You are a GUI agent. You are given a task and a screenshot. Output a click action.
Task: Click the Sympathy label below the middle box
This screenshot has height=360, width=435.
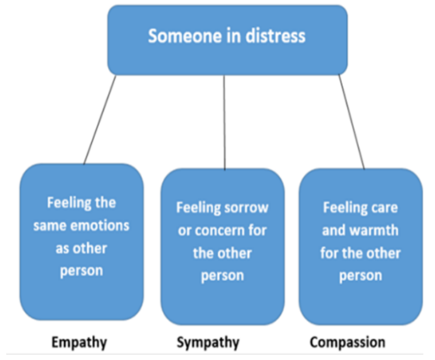point(208,342)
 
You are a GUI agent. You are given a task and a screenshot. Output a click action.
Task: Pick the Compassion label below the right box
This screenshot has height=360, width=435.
point(347,342)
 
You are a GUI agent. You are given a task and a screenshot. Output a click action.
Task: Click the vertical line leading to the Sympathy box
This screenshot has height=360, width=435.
point(224,119)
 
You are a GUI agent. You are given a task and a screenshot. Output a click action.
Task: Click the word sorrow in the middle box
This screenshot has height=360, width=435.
point(244,207)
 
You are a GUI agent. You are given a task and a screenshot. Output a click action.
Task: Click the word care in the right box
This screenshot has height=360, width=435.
point(384,207)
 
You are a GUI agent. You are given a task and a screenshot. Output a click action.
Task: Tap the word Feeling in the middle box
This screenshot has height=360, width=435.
point(198,207)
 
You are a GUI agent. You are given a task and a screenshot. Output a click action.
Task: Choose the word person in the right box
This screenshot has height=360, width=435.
point(360,275)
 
